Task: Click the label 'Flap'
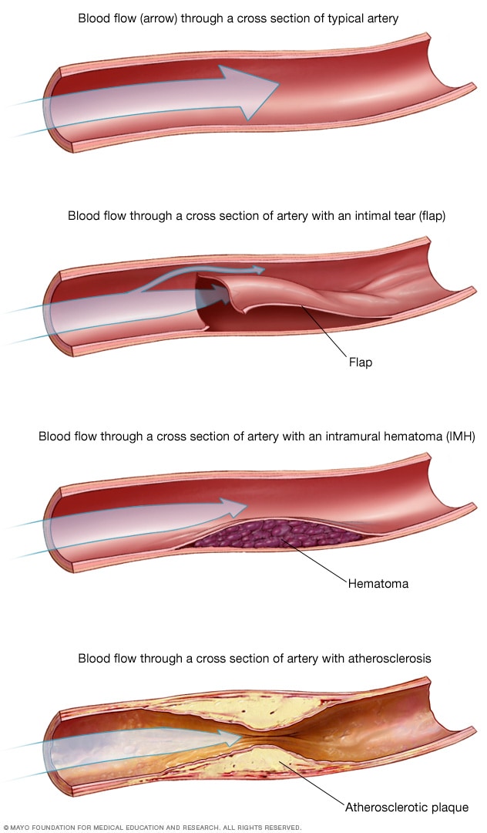[x=360, y=362]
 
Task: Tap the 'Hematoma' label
[x=378, y=584]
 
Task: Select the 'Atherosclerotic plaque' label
[x=407, y=807]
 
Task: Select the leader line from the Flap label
[x=324, y=331]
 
